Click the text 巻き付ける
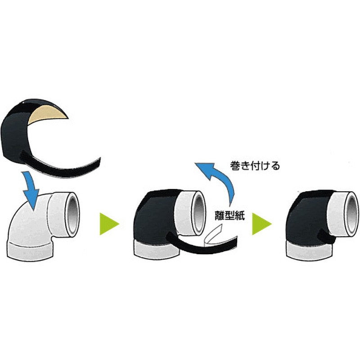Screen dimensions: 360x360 click(255, 165)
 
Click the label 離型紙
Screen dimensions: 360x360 click(230, 216)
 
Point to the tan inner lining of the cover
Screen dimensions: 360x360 click(47, 115)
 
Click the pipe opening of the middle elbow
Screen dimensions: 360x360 click(198, 213)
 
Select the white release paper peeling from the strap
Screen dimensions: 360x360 click(212, 235)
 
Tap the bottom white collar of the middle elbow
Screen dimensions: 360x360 click(156, 249)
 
